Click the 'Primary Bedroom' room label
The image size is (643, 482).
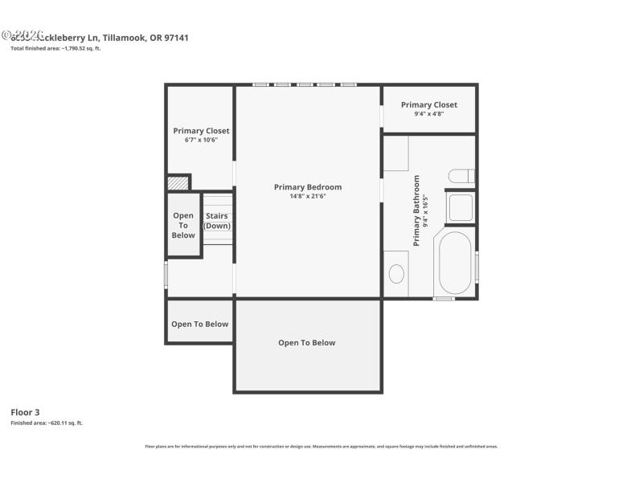[308, 187]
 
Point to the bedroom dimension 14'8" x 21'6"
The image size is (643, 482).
[308, 196]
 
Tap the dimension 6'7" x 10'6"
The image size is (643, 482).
[201, 140]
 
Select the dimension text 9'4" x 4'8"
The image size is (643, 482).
[429, 114]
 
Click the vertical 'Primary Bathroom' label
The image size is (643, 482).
[417, 210]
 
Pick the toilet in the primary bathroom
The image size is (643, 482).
[461, 177]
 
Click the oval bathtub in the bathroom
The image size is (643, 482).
[456, 263]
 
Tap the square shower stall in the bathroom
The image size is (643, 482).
[461, 208]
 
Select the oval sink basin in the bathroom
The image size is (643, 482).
[397, 274]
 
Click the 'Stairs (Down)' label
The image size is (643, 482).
[217, 221]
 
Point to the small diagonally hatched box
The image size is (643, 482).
[178, 183]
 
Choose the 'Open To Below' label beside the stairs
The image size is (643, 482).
[183, 225]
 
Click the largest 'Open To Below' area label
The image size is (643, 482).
[306, 343]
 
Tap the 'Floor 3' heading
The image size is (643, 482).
[25, 412]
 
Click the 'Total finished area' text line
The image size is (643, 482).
[55, 48]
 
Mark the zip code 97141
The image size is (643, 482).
[176, 37]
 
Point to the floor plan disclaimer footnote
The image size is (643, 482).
[321, 446]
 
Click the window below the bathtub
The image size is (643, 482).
[444, 299]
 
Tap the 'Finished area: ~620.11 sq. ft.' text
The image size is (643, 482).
[47, 423]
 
